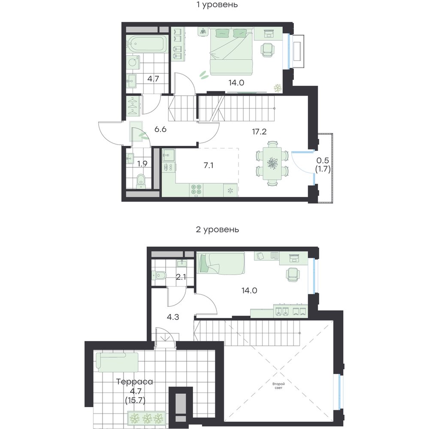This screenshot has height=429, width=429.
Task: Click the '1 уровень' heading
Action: [x=217, y=5]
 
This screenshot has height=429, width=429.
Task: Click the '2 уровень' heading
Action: [x=217, y=229]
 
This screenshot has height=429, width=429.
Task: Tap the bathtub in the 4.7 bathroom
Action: [x=147, y=44]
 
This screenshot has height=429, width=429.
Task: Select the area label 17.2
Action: [x=259, y=132]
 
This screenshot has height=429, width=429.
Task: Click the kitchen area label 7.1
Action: [x=208, y=165]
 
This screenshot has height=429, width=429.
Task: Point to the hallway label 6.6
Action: [x=160, y=129]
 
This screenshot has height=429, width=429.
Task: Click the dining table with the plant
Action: [x=272, y=163]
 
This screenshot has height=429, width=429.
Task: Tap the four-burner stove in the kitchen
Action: [x=196, y=190]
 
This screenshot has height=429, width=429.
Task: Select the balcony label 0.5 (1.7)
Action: [x=323, y=165]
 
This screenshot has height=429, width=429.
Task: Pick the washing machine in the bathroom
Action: [x=133, y=62]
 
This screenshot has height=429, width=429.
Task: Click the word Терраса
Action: [x=134, y=381]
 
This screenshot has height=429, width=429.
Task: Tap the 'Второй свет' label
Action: [x=278, y=386]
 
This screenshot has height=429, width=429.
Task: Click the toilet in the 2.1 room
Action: [x=160, y=275]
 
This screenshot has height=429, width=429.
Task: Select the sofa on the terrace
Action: [x=117, y=362]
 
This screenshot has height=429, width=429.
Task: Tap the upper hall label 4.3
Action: [x=173, y=317]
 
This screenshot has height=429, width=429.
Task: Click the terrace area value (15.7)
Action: [x=135, y=401]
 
